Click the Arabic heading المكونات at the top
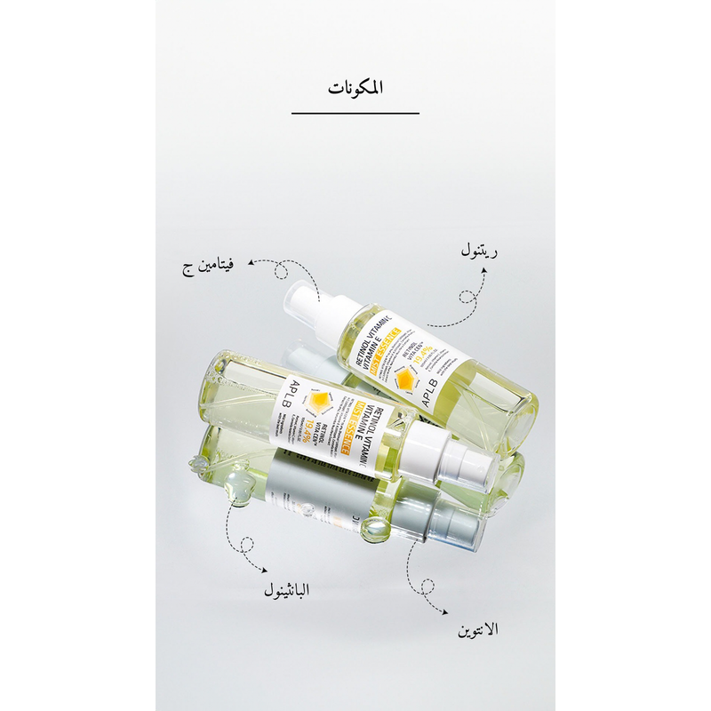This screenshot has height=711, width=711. (x=355, y=88)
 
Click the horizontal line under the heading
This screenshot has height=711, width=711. (x=355, y=114)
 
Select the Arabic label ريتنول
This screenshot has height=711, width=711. (x=479, y=252)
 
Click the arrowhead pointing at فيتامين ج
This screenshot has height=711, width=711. (x=251, y=263)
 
